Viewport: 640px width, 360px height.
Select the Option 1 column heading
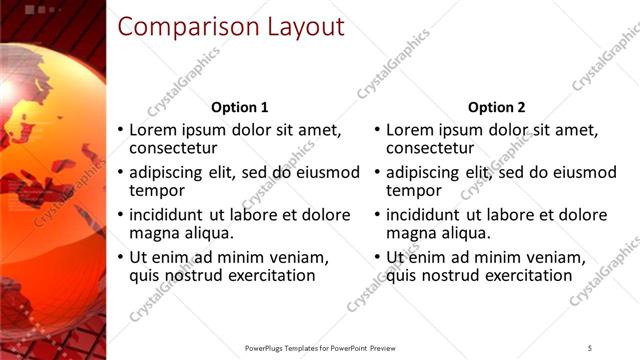click(x=240, y=107)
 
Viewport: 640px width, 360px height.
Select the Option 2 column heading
click(x=496, y=107)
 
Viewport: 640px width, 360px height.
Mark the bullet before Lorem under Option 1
click(x=121, y=131)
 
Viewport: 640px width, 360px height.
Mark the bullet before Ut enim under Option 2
click(x=377, y=258)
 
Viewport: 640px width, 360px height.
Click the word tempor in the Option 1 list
click(x=157, y=190)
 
